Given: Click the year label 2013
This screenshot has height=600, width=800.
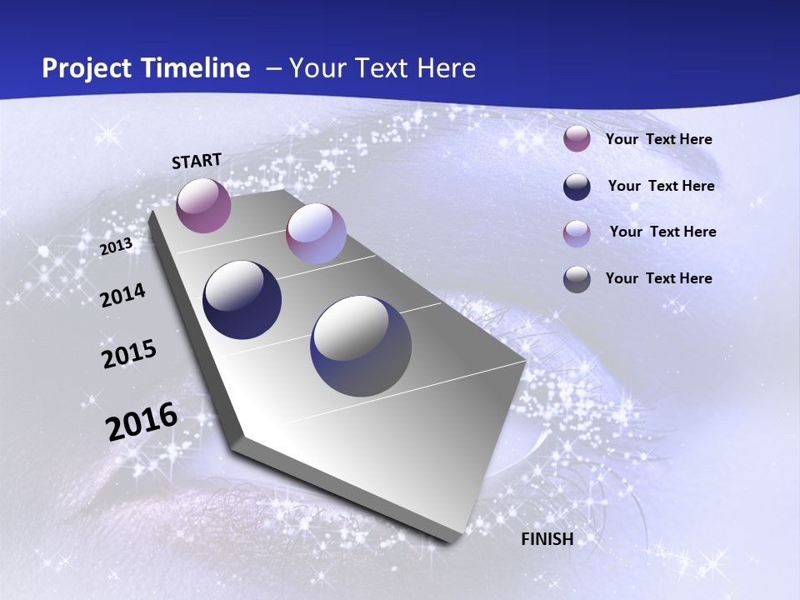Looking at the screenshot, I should click(x=116, y=247).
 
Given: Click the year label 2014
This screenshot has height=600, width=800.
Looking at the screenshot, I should click(x=122, y=295).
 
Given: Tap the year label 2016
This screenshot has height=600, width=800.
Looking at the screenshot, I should click(x=141, y=422).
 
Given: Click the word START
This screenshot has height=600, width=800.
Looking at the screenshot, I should click(x=197, y=161).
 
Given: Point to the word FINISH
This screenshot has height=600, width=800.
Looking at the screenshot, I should click(x=547, y=539).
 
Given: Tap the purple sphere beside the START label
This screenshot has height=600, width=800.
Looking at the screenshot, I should click(x=203, y=205).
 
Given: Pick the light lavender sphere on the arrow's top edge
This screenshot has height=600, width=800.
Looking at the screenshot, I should click(x=316, y=233).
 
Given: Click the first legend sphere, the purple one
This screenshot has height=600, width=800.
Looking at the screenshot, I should click(x=577, y=138).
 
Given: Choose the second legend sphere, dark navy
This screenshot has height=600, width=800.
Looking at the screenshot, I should click(x=577, y=186).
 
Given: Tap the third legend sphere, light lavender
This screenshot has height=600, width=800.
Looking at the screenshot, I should click(x=577, y=232).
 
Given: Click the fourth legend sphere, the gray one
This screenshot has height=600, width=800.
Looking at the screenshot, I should click(x=577, y=279).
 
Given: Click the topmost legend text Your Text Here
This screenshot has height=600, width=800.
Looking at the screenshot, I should click(x=658, y=140).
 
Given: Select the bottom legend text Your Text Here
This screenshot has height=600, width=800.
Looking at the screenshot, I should click(x=658, y=278).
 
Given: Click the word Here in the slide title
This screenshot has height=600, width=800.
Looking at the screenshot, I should click(x=445, y=68).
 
